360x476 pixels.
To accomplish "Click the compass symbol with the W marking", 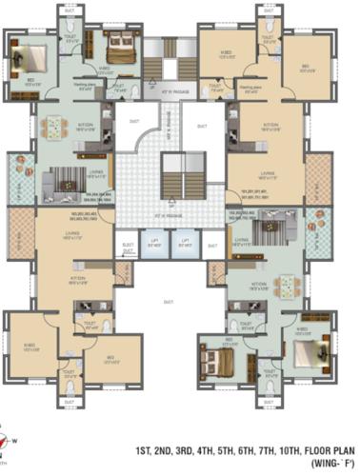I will (x=9, y=439).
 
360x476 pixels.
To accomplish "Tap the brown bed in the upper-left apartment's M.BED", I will (x=120, y=43).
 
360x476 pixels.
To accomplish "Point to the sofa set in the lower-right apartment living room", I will (x=276, y=227).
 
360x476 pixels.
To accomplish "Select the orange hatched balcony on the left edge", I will (x=20, y=228).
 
